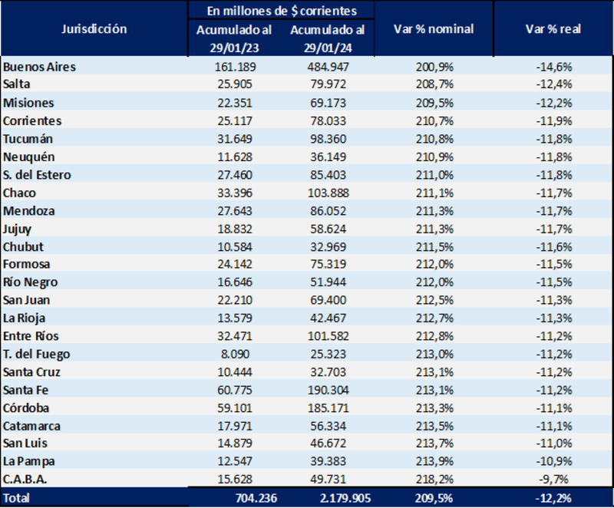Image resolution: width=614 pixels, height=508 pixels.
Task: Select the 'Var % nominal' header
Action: pos(433,29)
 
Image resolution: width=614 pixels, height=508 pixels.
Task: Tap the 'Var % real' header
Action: pos(553,29)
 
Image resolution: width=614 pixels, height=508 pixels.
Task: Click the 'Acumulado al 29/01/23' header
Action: pos(233,38)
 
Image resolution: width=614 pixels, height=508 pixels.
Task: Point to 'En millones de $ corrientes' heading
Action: pos(281,11)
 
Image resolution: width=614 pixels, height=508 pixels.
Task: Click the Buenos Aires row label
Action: pos(39,67)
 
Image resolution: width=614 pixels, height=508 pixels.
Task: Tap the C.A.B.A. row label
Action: pos(26,479)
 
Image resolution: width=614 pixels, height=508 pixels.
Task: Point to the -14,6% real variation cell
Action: pos(553,67)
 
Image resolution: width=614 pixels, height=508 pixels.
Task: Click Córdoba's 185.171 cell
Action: pos(327,407)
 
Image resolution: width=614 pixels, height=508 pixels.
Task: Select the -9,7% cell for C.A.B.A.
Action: pos(553,479)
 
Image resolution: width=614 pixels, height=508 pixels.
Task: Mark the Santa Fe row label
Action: pos(26,390)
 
